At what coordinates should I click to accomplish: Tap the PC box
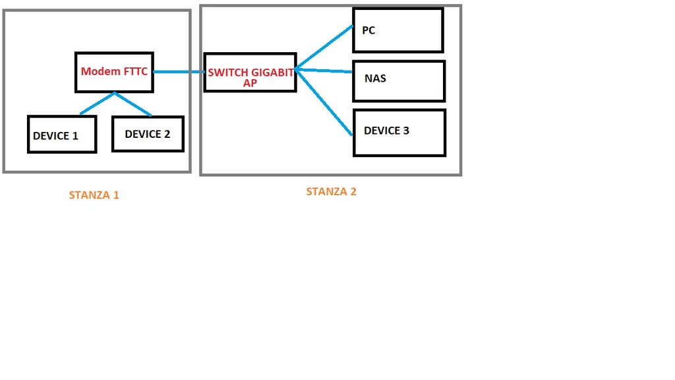pos(397,30)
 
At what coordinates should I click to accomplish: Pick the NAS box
pos(399,80)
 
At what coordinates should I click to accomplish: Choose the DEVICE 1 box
pos(62,135)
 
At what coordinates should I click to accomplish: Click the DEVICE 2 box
pos(148,133)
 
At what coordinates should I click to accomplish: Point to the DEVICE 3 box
pos(399,132)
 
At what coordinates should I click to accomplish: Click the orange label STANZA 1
pos(94,195)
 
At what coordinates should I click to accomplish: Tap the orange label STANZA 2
pos(331,192)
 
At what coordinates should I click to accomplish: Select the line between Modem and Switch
pos(179,72)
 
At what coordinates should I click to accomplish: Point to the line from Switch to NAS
pos(324,70)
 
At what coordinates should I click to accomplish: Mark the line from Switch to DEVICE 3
pos(324,102)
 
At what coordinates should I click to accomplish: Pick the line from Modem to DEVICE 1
pos(97,103)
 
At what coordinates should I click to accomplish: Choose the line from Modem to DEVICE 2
pos(133,104)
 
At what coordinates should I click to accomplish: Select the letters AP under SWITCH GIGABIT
pos(250,83)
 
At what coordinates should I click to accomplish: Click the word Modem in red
pos(97,71)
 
